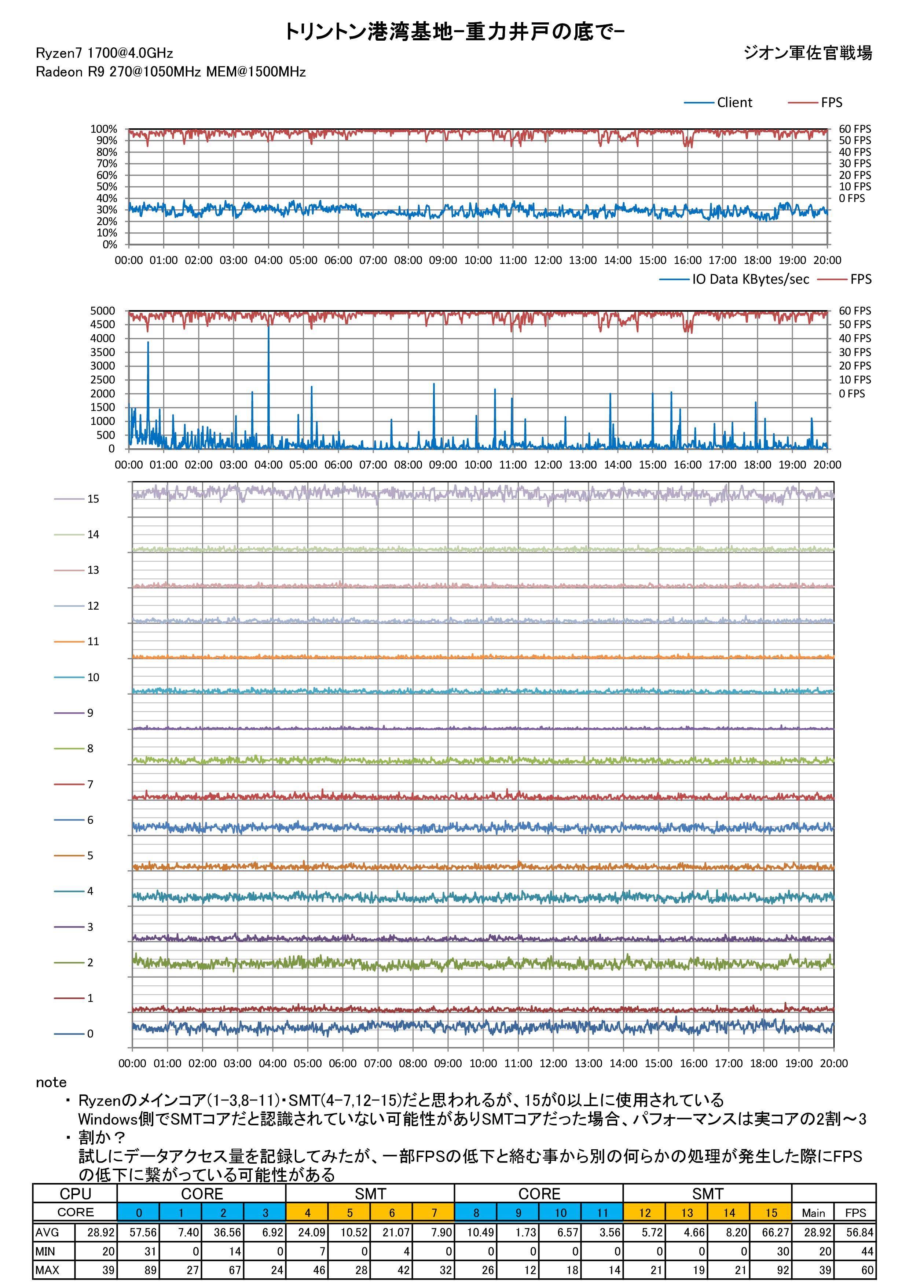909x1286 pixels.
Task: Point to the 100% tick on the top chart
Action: (104, 129)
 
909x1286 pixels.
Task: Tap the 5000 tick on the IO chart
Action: (103, 311)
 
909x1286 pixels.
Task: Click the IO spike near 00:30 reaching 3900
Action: (148, 343)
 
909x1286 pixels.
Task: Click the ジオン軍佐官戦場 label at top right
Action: (808, 53)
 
